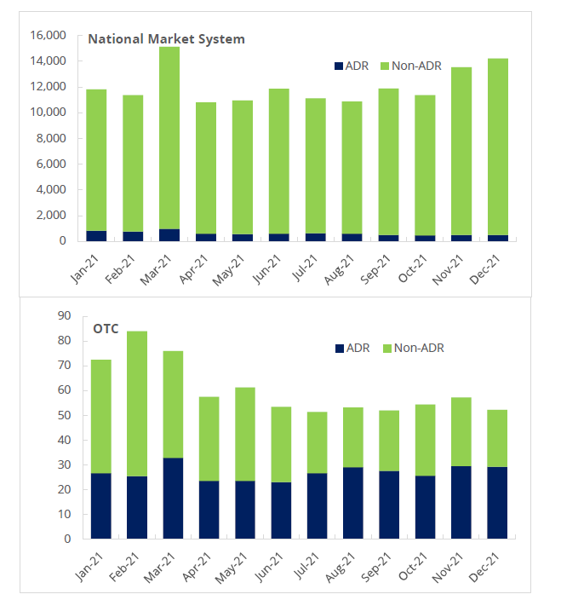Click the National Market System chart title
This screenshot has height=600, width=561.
click(166, 39)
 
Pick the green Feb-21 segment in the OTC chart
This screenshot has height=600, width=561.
click(137, 403)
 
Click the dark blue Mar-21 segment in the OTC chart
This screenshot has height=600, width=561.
click(173, 498)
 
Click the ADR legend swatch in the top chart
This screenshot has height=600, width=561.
click(337, 66)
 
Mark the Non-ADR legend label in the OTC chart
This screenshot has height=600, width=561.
click(419, 348)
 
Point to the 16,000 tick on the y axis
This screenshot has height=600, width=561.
click(48, 36)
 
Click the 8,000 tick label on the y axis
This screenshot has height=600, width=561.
click(51, 138)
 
